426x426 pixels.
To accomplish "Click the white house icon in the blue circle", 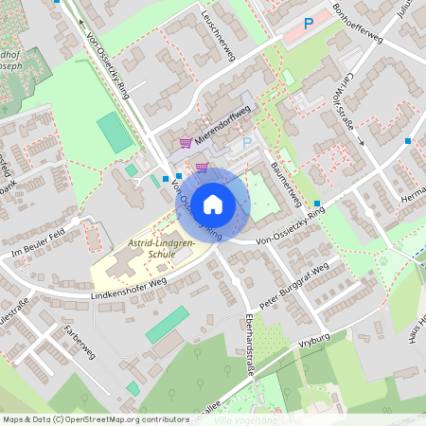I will point(213,204).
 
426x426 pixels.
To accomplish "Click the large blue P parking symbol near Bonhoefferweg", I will point(308,24).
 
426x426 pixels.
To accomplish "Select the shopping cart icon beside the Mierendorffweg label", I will point(185,144).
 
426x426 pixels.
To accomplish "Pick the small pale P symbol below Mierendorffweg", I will point(246,142).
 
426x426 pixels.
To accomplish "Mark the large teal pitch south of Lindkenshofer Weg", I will point(166,325).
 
